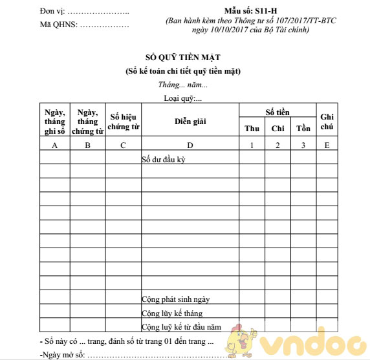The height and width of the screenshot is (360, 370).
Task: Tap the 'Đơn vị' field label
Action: click(x=53, y=12)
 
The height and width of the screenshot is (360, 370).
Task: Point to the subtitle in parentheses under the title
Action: click(x=187, y=71)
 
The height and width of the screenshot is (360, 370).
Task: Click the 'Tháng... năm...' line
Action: click(x=183, y=85)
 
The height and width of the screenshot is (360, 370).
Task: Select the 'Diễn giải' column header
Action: click(x=190, y=121)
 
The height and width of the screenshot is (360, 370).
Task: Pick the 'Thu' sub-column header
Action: click(x=252, y=128)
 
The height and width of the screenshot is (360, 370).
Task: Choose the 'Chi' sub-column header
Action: click(x=277, y=128)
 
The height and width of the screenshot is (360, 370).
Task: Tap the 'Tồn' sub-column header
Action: click(x=303, y=128)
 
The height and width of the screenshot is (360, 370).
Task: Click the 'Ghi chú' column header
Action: click(x=327, y=121)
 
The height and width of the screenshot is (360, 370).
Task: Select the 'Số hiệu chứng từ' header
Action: click(x=124, y=121)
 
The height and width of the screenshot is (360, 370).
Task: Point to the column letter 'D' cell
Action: click(x=190, y=145)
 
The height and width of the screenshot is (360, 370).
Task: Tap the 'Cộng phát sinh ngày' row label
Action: click(x=175, y=299)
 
